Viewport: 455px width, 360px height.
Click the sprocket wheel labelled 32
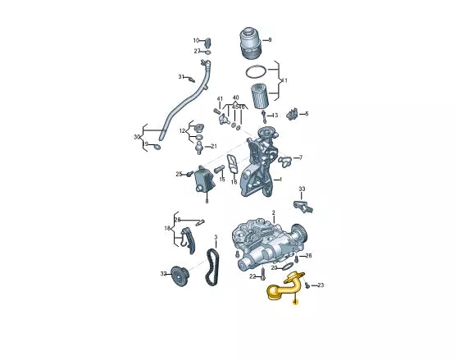click(x=179, y=276)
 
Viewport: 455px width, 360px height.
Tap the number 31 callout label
click(x=181, y=76)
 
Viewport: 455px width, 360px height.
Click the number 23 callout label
click(x=321, y=285)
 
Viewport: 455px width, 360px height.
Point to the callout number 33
click(x=302, y=189)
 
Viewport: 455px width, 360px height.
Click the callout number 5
click(x=307, y=114)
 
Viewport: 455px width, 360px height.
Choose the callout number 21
click(x=214, y=147)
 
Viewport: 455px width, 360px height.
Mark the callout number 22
click(x=253, y=276)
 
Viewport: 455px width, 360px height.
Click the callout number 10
click(x=196, y=40)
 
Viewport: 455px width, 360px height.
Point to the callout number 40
click(x=235, y=98)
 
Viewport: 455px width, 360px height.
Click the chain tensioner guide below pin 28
click(x=186, y=240)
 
